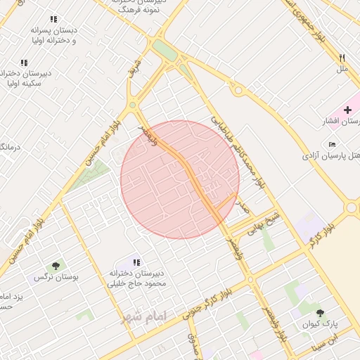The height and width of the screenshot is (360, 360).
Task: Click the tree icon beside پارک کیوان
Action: pos(321,313)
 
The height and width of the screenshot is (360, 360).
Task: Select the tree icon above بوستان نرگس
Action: pos(56,265)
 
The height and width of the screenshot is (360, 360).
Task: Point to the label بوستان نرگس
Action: pos(56,278)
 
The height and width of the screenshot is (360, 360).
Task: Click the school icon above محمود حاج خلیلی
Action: pos(136,262)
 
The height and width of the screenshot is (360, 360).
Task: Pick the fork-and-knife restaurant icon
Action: pos(342,58)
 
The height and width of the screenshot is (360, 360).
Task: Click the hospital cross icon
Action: pos(347,110)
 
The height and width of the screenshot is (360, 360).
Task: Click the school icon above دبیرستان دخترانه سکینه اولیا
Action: pos(24,63)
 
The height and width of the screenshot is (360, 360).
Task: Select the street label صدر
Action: pos(243,206)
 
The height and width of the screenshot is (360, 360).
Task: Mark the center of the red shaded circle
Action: pos(180,179)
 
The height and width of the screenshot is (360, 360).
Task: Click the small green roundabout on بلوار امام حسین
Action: pos(132,105)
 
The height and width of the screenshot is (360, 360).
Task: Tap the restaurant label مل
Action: pos(342,69)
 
